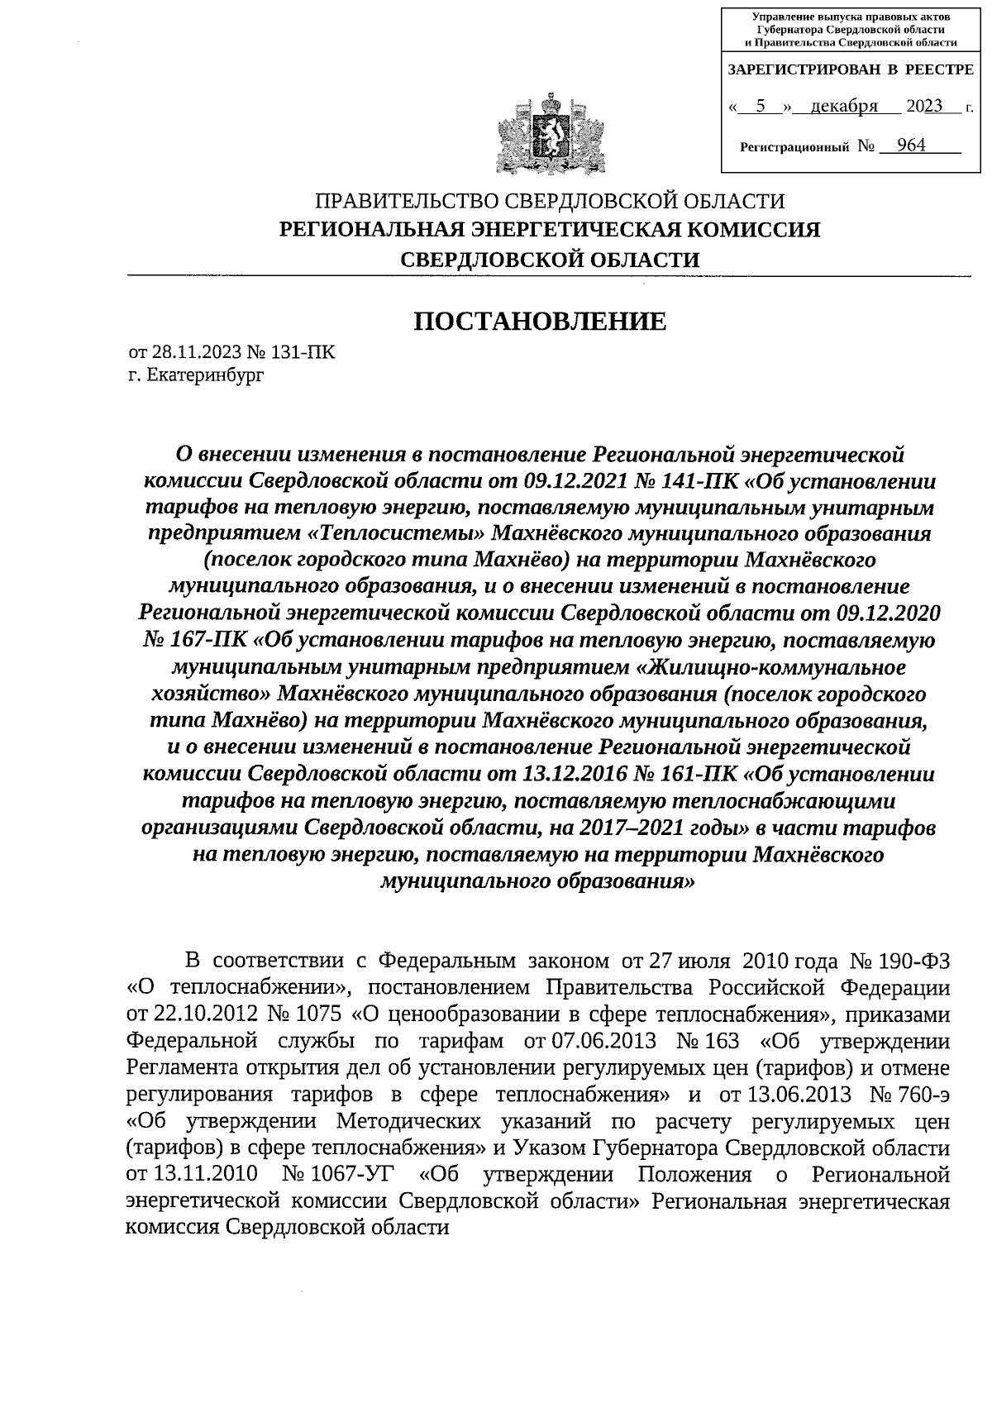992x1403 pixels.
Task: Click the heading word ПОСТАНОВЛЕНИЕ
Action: pyautogui.click(x=540, y=321)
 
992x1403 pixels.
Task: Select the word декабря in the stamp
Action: pyautogui.click(x=843, y=107)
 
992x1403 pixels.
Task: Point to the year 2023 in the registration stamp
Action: pyautogui.click(x=924, y=107)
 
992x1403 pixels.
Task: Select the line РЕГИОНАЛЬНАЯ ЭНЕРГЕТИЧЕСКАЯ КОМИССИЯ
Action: pyautogui.click(x=550, y=230)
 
